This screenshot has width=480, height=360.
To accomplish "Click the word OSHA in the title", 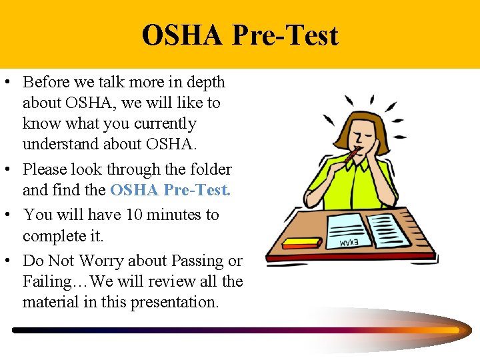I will [181, 35].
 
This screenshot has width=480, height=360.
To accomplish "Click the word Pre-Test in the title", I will [285, 35].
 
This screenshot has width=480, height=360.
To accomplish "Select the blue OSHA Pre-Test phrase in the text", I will [170, 190].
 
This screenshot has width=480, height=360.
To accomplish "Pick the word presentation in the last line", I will [175, 302].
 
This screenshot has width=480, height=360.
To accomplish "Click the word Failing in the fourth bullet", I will [46, 281].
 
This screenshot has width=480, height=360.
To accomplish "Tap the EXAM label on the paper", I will [354, 242].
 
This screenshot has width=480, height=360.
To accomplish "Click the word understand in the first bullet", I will [58, 144].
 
